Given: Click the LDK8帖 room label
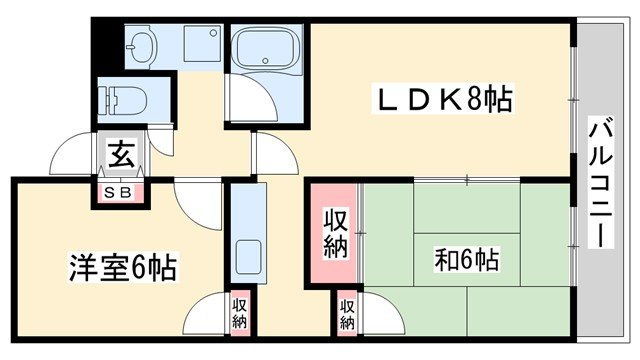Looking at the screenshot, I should coord(445,100).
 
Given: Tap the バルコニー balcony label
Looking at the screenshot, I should coord(600,185).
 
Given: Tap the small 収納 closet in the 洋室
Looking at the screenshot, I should coord(239,313).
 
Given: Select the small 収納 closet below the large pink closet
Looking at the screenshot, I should coord(346,313).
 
